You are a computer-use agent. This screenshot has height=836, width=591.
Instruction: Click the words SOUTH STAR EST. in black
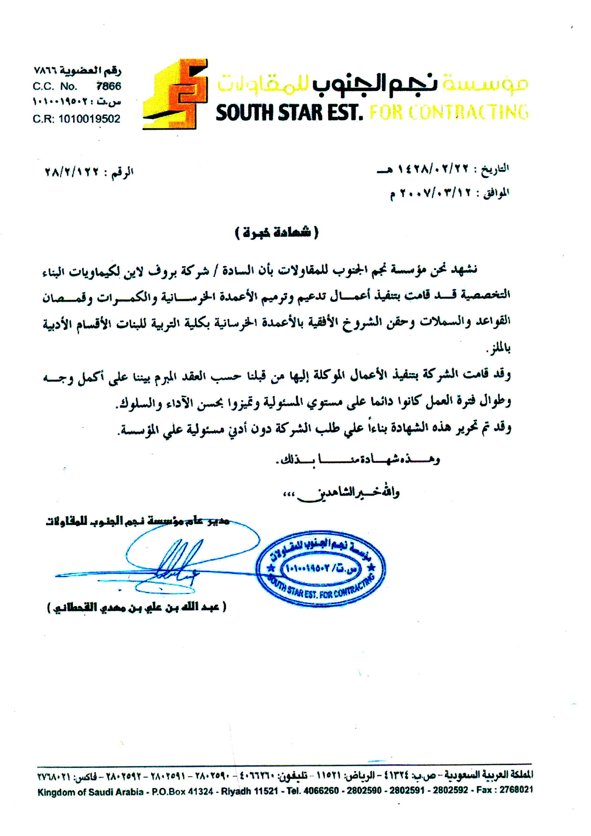[289, 113]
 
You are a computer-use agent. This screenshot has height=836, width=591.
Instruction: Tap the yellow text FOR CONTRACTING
[449, 112]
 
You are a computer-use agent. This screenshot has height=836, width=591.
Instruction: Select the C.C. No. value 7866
[108, 86]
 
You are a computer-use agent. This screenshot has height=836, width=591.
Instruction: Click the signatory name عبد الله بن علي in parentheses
[137, 607]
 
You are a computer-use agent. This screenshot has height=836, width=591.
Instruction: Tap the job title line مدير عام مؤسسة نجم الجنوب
[138, 521]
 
